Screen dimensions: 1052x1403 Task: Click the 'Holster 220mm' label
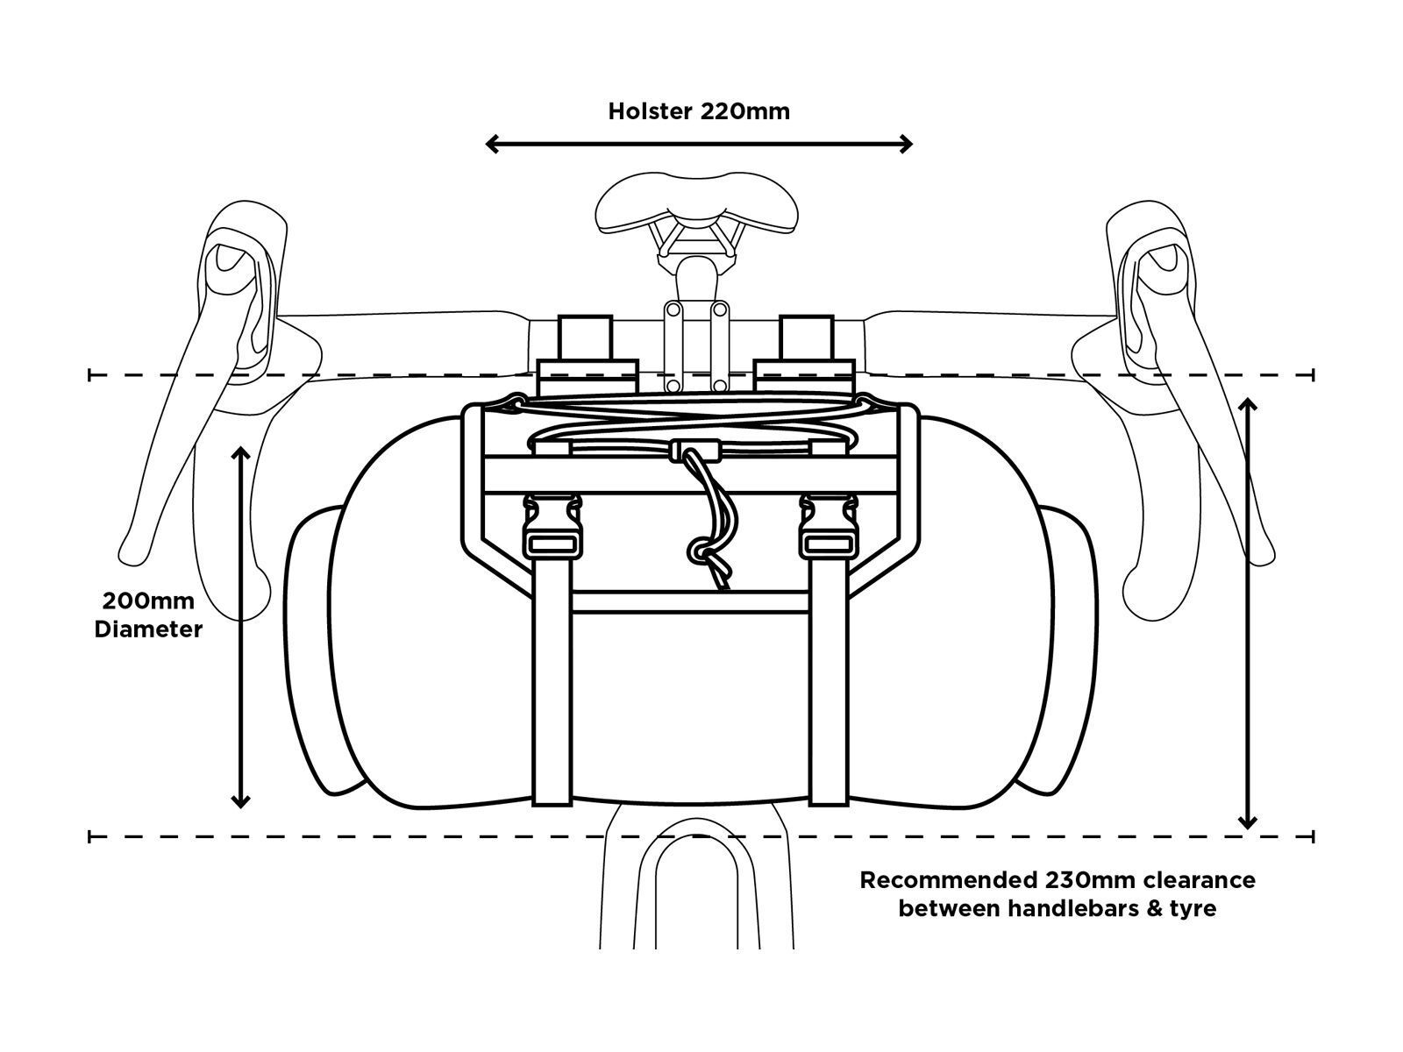(x=699, y=111)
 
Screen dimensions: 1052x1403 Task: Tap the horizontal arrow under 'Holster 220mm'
(x=699, y=144)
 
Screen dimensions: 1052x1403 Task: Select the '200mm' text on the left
(x=148, y=601)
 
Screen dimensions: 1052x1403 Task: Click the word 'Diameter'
(x=148, y=629)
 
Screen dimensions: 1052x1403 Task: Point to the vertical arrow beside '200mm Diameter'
(x=240, y=627)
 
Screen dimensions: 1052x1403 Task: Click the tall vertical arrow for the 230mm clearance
(x=1247, y=614)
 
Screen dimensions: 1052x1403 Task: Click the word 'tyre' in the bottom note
(x=1193, y=908)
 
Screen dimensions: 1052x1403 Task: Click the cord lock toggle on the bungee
(x=695, y=450)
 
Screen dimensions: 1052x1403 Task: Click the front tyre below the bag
(x=698, y=894)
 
